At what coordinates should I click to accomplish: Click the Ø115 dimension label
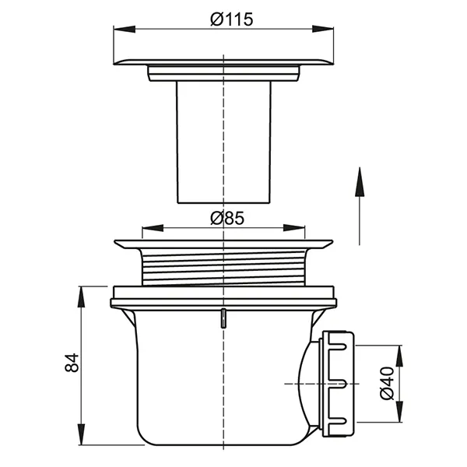click(x=232, y=19)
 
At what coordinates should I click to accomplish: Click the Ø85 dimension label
click(x=227, y=218)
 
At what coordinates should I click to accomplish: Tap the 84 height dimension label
click(x=72, y=363)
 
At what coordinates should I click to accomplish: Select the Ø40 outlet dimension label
click(x=387, y=383)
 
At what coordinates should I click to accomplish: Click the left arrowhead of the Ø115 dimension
click(x=125, y=30)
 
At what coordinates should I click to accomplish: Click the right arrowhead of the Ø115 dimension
click(x=322, y=29)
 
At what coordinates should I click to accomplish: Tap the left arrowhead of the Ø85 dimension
click(x=153, y=228)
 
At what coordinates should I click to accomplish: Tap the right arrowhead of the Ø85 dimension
click(x=294, y=228)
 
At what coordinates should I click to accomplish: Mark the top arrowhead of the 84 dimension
click(x=81, y=297)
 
